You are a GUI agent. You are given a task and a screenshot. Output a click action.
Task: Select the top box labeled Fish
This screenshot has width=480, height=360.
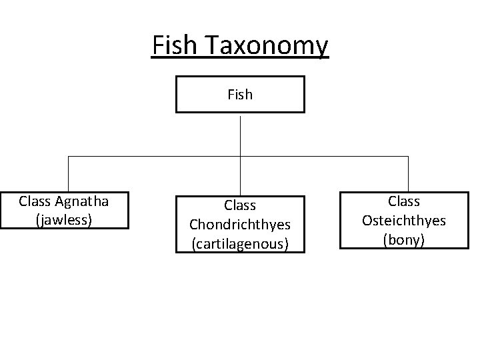click(x=240, y=94)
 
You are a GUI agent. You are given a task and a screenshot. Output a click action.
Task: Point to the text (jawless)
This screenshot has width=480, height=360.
click(x=65, y=219)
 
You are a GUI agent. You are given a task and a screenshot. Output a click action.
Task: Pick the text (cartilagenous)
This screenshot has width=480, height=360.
click(x=240, y=244)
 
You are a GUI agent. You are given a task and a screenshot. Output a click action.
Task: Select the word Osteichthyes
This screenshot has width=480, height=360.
click(x=404, y=220)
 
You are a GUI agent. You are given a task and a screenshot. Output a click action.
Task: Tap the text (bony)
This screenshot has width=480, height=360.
click(x=404, y=239)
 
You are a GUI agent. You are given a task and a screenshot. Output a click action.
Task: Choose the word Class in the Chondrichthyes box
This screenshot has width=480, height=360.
click(x=240, y=206)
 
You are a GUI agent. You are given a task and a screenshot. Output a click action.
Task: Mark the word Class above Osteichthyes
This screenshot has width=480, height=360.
click(x=404, y=201)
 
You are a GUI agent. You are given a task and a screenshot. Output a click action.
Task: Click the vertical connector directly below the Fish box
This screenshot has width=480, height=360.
click(x=240, y=134)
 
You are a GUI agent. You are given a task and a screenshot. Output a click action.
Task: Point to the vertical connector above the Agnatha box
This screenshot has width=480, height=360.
click(x=67, y=173)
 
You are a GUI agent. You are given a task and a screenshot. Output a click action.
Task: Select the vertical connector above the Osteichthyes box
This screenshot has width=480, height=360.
click(x=408, y=173)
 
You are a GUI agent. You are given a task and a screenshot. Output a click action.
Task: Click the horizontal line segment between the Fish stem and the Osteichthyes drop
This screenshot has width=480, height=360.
click(x=324, y=157)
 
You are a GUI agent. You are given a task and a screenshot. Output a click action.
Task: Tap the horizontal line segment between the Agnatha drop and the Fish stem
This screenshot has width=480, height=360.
click(x=153, y=157)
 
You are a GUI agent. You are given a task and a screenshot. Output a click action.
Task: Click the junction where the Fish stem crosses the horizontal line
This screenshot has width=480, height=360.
click(x=240, y=157)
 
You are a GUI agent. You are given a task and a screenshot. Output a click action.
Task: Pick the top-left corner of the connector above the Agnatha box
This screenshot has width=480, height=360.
click(x=67, y=157)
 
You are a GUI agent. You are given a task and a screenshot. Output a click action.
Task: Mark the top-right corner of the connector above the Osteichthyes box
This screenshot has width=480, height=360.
click(x=408, y=157)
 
